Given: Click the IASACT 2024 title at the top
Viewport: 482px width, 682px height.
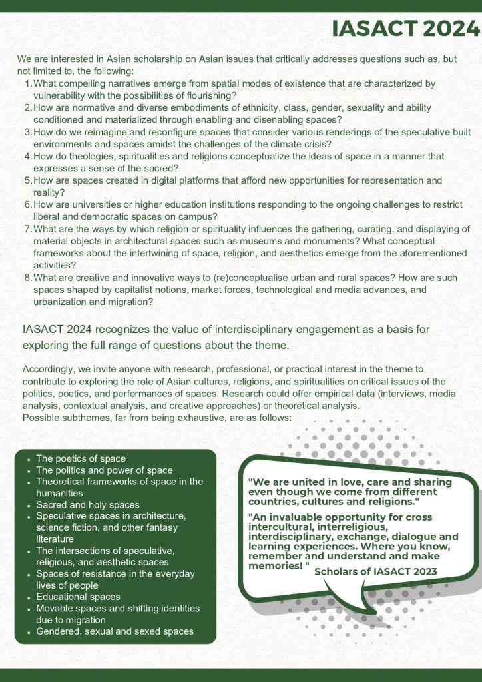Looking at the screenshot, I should click(405, 29).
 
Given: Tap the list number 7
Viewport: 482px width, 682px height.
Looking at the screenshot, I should click(28, 229).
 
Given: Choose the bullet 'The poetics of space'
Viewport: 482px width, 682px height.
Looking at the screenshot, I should click(81, 459).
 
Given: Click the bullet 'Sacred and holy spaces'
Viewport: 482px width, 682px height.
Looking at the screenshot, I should click(88, 505).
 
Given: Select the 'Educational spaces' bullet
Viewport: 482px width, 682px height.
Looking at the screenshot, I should click(79, 597).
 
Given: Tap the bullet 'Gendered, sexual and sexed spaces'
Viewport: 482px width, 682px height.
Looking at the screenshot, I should click(115, 631).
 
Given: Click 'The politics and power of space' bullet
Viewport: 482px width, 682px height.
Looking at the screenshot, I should click(105, 470).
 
